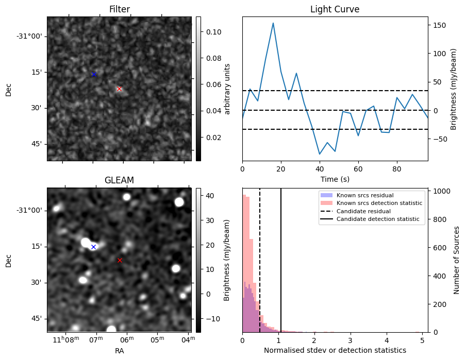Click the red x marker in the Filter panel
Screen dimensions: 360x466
click(120, 89)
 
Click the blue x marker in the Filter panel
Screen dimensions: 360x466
click(94, 75)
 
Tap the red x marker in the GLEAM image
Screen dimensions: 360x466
click(120, 260)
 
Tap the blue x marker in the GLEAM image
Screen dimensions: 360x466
click(93, 247)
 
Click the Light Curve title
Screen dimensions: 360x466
click(335, 9)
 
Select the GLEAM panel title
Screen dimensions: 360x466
click(119, 180)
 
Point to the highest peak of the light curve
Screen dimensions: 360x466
click(273, 23)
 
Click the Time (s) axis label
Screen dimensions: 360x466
click(335, 178)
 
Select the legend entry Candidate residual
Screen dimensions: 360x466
click(363, 212)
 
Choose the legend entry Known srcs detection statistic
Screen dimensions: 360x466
click(379, 203)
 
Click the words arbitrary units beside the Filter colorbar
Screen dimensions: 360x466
click(227, 89)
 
